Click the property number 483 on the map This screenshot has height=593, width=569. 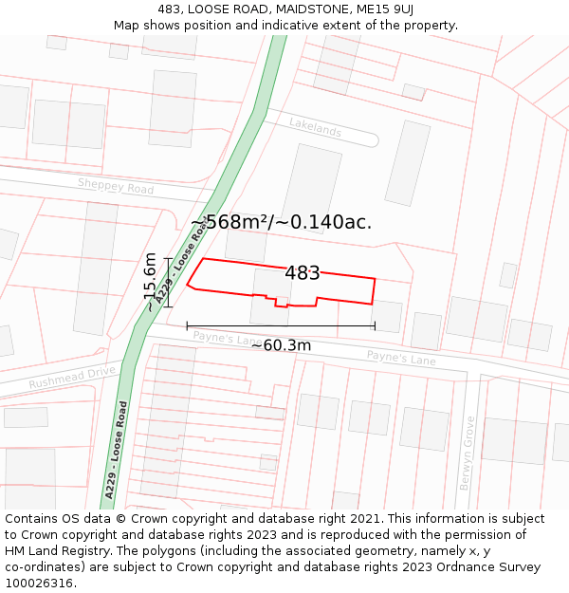coord(303,273)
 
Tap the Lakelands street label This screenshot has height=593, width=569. coord(315,129)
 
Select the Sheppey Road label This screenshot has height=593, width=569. coord(116,186)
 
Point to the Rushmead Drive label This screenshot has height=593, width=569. coord(71,378)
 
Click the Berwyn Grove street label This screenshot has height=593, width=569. coord(467,453)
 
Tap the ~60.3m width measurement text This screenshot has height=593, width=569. coord(281,345)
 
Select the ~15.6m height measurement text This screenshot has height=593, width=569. coord(151,282)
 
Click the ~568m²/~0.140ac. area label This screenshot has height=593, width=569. coord(281,222)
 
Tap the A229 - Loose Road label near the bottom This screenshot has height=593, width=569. coord(116,450)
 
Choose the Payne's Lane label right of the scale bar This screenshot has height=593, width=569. coord(401,358)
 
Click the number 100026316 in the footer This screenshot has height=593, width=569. coord(41,583)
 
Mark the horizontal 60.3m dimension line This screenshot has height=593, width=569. coord(281,326)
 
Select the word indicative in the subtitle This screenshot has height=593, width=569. coord(305,26)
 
